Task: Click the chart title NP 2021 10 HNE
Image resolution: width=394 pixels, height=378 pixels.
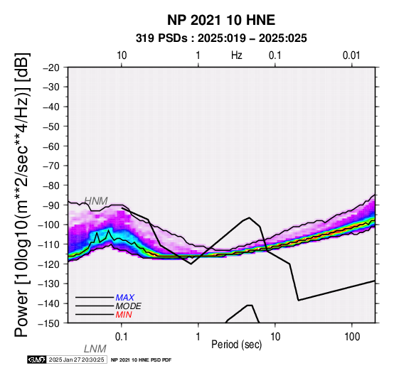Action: pyautogui.click(x=221, y=20)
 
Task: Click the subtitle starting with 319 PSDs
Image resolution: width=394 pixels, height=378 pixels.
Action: pyautogui.click(x=221, y=38)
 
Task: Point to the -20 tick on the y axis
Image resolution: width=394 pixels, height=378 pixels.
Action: pyautogui.click(x=51, y=67)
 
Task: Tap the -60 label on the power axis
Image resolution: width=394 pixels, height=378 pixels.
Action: pyautogui.click(x=51, y=146)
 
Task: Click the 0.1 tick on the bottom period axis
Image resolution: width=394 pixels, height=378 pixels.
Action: pyautogui.click(x=122, y=337)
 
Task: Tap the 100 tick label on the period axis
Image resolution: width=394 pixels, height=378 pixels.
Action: pyautogui.click(x=352, y=337)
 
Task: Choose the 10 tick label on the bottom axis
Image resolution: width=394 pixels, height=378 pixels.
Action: pyautogui.click(x=275, y=337)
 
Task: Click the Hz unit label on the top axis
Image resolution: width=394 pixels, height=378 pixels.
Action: pyautogui.click(x=236, y=55)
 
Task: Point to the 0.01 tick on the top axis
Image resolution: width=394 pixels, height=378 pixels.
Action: pyautogui.click(x=351, y=55)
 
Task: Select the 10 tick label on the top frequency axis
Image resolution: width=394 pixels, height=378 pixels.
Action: pyautogui.click(x=122, y=55)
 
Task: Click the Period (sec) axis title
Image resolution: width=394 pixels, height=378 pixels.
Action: pyautogui.click(x=236, y=345)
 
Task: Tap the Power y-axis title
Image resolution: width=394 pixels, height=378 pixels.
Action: pyautogui.click(x=22, y=195)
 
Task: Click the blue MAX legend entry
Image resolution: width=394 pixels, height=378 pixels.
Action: pyautogui.click(x=125, y=298)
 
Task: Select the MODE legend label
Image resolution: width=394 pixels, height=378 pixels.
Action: pyautogui.click(x=129, y=306)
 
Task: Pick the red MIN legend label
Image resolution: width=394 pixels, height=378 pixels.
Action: pyautogui.click(x=124, y=315)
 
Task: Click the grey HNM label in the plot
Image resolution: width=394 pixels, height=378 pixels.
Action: pyautogui.click(x=96, y=201)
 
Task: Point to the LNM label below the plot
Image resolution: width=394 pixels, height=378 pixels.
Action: pyautogui.click(x=95, y=349)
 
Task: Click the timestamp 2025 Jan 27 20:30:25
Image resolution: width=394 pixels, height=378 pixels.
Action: pyautogui.click(x=76, y=360)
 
